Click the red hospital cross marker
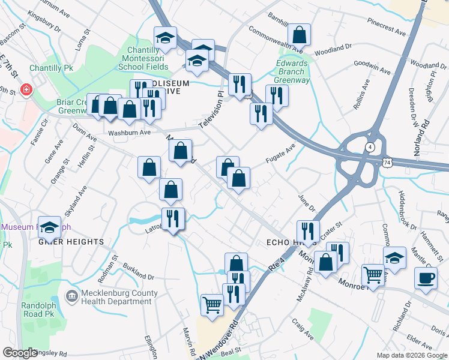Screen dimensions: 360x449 coord(26,91)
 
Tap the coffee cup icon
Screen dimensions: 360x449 coord(426,278)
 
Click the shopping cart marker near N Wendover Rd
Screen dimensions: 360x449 coord(212,305)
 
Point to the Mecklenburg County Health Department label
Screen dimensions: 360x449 coord(113,297)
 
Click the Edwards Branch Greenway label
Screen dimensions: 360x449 coord(292,72)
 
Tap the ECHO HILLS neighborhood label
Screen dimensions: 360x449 coord(282,241)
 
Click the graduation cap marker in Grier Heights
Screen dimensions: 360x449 coord(49,227)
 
